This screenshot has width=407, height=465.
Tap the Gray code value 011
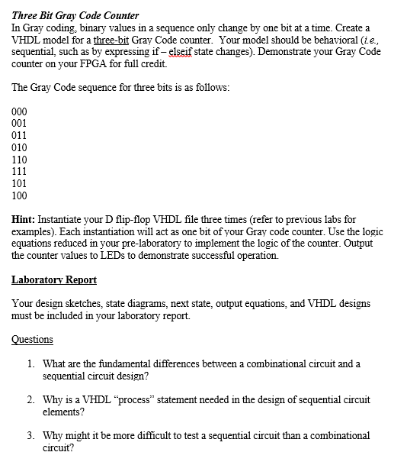coord(20,135)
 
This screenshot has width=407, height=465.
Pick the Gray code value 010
coord(20,147)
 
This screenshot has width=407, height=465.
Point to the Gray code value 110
coord(20,160)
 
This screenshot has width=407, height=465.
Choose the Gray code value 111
coord(20,172)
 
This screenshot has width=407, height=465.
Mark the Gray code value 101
coord(20,184)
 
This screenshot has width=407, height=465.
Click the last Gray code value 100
coord(20,196)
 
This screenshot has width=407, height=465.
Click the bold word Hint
coord(25,219)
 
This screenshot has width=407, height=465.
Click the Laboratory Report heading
coord(54,279)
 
